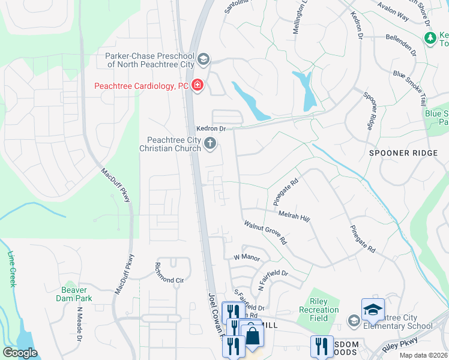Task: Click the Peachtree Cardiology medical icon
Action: [x=197, y=86]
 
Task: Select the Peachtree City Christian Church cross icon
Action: [x=209, y=143]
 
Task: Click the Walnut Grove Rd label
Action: [x=266, y=232]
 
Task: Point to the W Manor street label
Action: [x=246, y=257]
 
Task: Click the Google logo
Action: [x=20, y=353]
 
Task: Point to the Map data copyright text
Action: [x=423, y=355]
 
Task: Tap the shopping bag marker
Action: [x=253, y=336]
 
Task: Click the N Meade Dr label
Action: [x=79, y=325]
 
